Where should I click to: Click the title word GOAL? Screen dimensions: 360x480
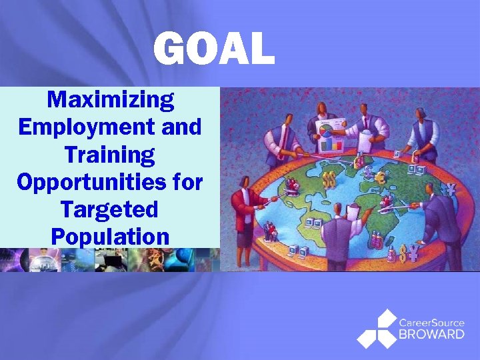point(213,49)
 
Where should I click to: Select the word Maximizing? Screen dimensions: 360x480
point(111,100)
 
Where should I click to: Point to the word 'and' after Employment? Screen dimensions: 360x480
point(181,127)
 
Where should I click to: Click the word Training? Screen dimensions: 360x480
point(110,155)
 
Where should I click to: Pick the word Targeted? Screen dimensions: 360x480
point(110,209)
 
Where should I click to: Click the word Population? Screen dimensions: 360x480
point(110,237)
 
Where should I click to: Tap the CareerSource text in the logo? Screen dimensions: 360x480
point(431,323)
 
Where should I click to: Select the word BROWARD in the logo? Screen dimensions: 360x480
point(431,334)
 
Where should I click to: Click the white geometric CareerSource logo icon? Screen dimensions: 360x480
point(376,328)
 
